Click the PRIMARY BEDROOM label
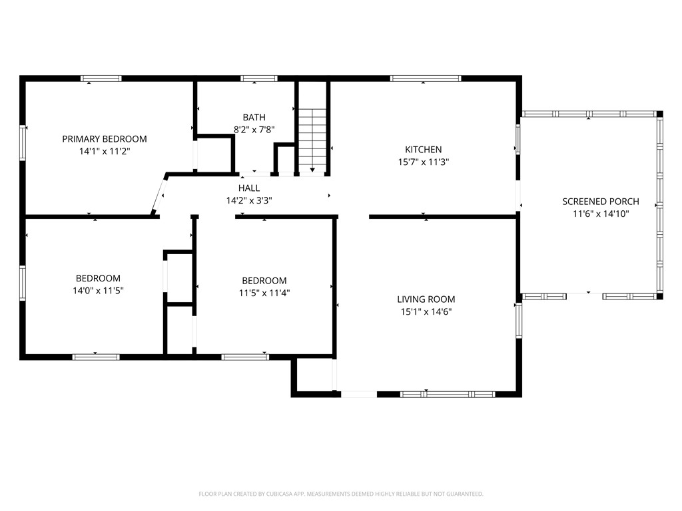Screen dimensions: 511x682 [x=105, y=139]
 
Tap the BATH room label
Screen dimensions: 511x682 [x=254, y=117]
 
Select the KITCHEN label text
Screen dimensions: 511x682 [x=423, y=150]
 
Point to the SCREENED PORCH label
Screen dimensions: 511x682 [x=601, y=202]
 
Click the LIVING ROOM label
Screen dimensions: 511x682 [x=426, y=299]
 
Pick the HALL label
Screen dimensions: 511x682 [x=249, y=188]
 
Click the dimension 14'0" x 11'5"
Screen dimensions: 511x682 [x=98, y=291]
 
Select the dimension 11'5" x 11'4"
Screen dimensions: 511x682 [x=264, y=293]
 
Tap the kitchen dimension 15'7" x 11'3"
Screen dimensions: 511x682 [x=423, y=162]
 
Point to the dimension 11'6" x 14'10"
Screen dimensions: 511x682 [x=601, y=214]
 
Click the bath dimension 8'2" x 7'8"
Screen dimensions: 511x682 [x=254, y=130]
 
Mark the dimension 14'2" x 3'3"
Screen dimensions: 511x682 [x=249, y=200]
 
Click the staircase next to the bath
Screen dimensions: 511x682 [x=312, y=140]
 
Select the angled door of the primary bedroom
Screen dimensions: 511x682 [x=159, y=195]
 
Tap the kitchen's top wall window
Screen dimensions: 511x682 [x=426, y=79]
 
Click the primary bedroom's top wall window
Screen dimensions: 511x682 [x=101, y=79]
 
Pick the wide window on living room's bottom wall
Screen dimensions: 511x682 [x=448, y=394]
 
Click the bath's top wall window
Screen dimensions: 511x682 [x=259, y=79]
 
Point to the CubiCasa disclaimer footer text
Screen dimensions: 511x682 [x=341, y=494]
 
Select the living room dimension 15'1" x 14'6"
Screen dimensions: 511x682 [x=426, y=311]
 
